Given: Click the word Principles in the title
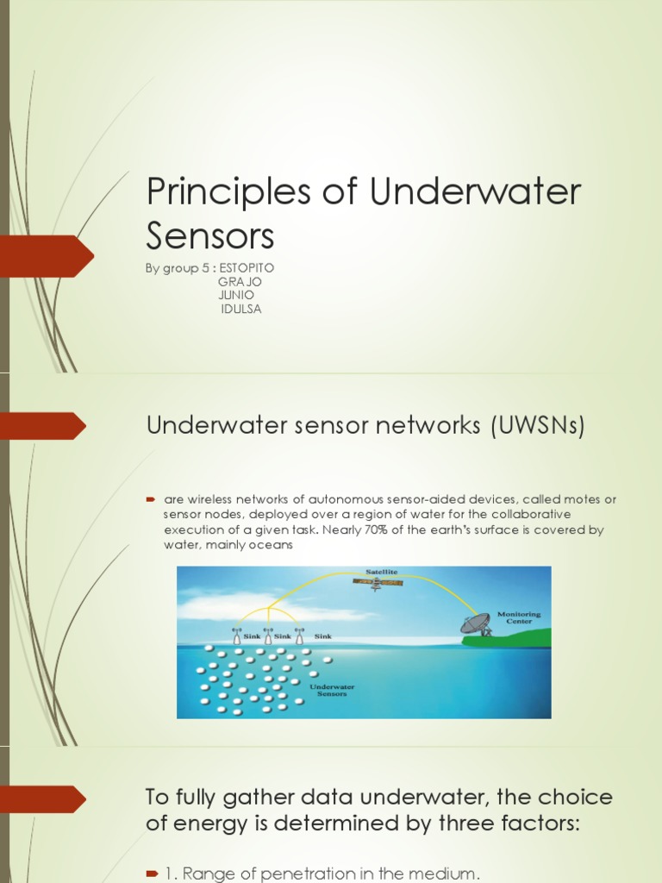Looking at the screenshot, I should coord(212,192).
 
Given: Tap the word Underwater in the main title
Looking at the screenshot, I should coord(475,192).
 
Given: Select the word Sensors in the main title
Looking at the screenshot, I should coord(210,235).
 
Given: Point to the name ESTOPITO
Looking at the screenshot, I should coord(247,268).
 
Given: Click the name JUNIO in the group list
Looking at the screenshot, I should coord(236,295).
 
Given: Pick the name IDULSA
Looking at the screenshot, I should coord(240,309).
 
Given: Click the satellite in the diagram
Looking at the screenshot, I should coord(378,583).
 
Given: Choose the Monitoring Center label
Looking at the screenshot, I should coord(519,618).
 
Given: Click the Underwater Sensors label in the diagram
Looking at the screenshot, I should coord(332,690).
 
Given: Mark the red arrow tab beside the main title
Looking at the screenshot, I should coord(47,255).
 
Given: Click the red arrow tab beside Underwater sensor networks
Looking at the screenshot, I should coord(43,425).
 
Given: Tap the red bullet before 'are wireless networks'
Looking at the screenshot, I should coord(150,499).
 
